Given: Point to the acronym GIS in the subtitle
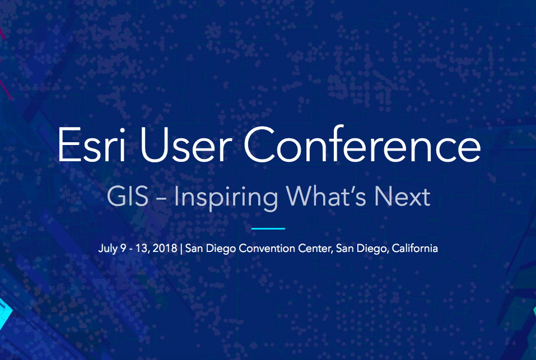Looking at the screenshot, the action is click(x=128, y=197).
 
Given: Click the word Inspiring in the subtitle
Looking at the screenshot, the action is click(x=226, y=198).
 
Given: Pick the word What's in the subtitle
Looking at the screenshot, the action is click(x=327, y=197).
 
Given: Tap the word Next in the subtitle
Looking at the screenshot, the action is click(x=402, y=197).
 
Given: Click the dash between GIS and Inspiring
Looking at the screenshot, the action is click(x=161, y=199).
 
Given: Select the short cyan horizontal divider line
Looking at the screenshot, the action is click(x=268, y=228).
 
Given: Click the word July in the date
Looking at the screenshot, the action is click(x=108, y=249).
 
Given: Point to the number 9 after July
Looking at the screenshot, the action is click(x=123, y=248).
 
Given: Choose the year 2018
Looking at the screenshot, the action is click(x=165, y=248).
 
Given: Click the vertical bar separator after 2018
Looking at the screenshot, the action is click(x=181, y=249).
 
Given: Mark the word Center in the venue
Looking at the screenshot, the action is click(x=315, y=249).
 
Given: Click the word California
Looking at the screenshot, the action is click(x=414, y=247).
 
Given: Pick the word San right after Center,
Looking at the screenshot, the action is click(x=344, y=248).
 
